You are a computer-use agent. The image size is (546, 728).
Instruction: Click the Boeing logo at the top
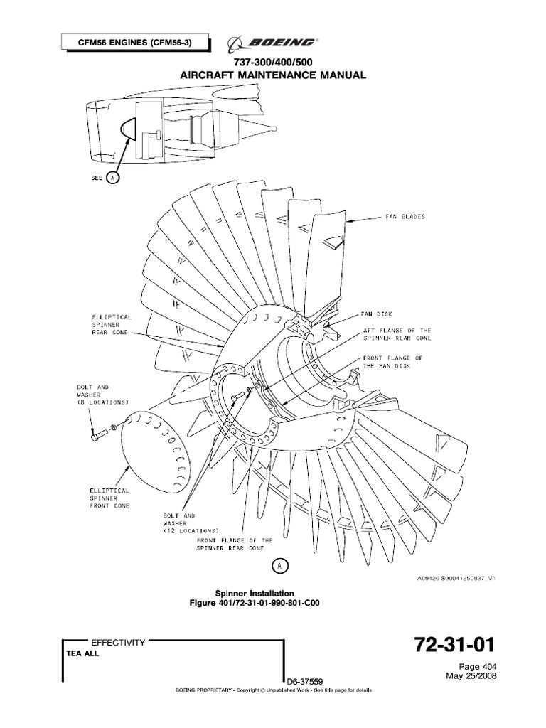pyautogui.click(x=273, y=44)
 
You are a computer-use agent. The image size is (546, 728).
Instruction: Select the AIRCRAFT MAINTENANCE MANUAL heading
pyautogui.click(x=273, y=74)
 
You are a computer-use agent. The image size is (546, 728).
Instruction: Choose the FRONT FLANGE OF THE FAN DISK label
pyautogui.click(x=393, y=362)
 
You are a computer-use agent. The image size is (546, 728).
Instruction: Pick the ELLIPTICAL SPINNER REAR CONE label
pyautogui.click(x=109, y=324)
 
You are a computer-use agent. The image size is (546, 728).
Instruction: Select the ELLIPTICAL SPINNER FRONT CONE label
pyautogui.click(x=109, y=498)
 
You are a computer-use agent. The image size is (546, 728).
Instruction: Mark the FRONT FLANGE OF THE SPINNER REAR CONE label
pyautogui.click(x=235, y=545)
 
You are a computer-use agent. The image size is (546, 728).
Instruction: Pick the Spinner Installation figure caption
pyautogui.click(x=255, y=592)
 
